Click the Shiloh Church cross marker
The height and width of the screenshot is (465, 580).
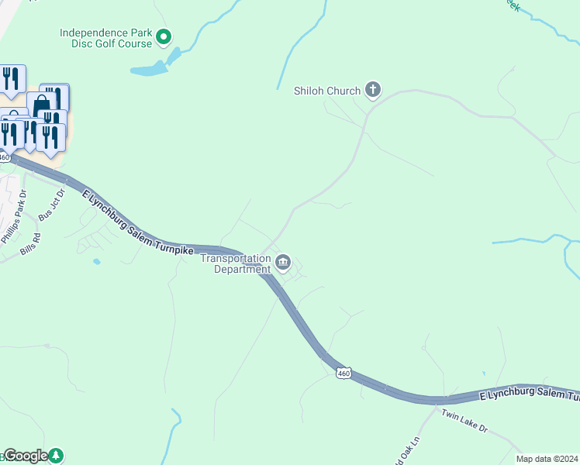pos(372,91)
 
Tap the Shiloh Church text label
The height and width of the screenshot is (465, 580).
pos(326,91)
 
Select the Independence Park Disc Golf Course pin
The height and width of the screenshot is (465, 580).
pos(164,36)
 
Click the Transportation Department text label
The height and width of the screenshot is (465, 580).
pos(236,263)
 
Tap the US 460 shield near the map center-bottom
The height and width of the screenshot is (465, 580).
pos(344,374)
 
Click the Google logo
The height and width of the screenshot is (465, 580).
pos(26,456)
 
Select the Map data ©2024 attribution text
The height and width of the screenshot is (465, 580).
pos(547,459)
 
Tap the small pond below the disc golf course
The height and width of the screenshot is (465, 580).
pos(149,70)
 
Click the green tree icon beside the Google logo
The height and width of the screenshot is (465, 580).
pos(56,456)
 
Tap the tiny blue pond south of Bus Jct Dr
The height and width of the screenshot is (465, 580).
pos(96,262)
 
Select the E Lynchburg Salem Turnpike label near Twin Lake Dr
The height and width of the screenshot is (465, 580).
pos(527,396)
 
